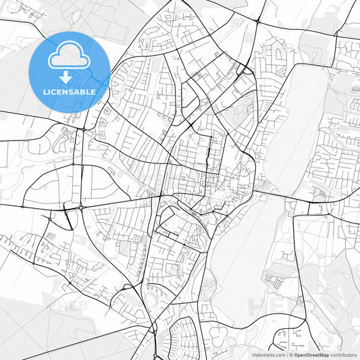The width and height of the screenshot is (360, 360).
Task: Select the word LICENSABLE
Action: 70,91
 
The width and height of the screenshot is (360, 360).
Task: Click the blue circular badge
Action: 70,71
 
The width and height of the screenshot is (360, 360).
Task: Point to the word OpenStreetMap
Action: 311,354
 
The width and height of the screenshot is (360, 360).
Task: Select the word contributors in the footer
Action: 344,354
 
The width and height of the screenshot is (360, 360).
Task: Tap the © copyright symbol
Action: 290,354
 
